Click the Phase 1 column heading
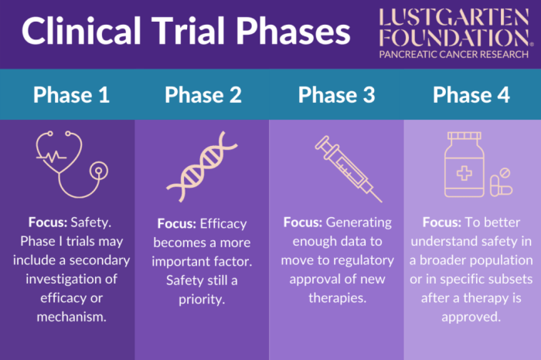[x=70, y=95]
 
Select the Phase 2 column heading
[x=203, y=95]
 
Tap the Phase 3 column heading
[x=336, y=95]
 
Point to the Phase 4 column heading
[x=471, y=95]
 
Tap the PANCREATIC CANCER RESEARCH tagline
[x=454, y=55]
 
